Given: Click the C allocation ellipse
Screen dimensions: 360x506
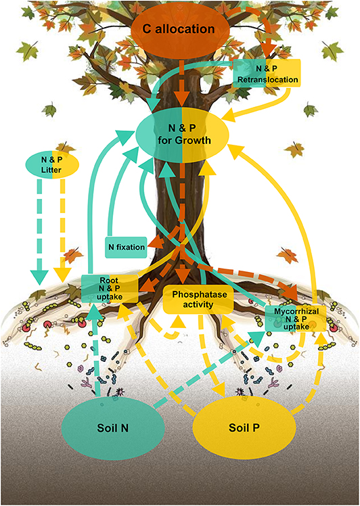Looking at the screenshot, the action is pyautogui.click(x=180, y=29).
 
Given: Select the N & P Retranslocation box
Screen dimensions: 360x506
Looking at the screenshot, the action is pyautogui.click(x=267, y=73).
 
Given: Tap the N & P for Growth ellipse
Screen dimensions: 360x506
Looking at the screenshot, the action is pyautogui.click(x=182, y=134).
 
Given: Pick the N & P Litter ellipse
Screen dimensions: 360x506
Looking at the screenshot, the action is pyautogui.click(x=52, y=164).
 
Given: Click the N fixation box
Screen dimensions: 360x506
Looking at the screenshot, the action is pyautogui.click(x=127, y=248).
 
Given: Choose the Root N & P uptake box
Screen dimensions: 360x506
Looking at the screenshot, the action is pyautogui.click(x=110, y=288).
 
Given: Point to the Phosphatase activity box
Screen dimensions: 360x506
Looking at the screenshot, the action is pyautogui.click(x=198, y=299).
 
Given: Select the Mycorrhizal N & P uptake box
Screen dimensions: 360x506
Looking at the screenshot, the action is pyautogui.click(x=296, y=319).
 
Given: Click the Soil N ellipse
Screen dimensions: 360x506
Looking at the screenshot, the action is pyautogui.click(x=113, y=428).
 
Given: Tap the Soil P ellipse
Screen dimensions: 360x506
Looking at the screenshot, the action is pyautogui.click(x=244, y=428).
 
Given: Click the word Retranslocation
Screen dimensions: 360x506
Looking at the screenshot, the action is pyautogui.click(x=268, y=79).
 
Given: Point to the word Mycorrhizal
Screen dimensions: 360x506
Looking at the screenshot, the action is pyautogui.click(x=296, y=312).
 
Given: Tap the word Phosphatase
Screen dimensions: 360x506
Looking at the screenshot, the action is pyautogui.click(x=200, y=294).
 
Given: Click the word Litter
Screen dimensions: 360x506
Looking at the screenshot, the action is pyautogui.click(x=51, y=169).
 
